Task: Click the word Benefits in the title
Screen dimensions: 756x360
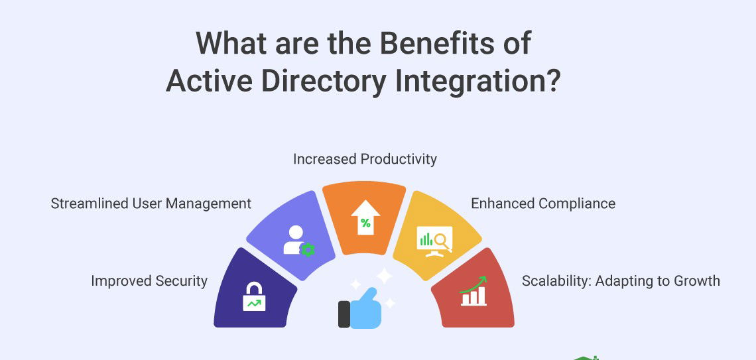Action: [437, 42]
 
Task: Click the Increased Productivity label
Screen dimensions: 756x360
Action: [365, 159]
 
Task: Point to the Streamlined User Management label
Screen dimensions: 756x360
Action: [151, 204]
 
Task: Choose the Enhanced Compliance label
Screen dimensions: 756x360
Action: [543, 204]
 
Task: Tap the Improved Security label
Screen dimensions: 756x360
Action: [149, 281]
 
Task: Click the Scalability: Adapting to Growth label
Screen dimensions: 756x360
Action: [621, 280]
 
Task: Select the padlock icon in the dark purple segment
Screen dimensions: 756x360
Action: [254, 296]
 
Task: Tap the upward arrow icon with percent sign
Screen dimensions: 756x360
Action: [365, 217]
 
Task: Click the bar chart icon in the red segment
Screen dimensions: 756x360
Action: [473, 292]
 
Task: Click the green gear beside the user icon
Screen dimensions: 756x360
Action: [308, 250]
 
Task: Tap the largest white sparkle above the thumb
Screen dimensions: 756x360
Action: [384, 276]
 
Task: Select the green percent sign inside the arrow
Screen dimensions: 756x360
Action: [365, 223]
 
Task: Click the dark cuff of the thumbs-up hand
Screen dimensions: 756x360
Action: [344, 314]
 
